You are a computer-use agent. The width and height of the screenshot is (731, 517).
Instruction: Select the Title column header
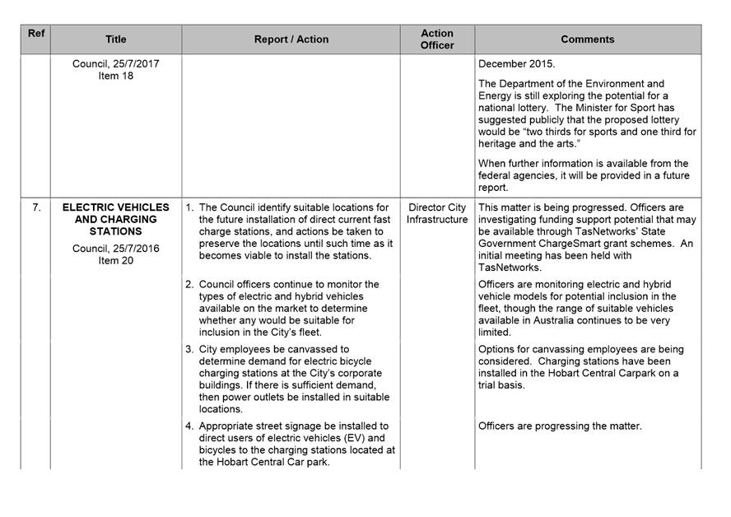116,40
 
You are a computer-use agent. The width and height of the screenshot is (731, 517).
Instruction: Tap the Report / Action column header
291,40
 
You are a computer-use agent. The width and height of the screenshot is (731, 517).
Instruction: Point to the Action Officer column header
437,40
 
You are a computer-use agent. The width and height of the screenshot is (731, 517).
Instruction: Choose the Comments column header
587,40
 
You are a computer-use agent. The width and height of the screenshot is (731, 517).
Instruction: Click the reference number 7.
36,207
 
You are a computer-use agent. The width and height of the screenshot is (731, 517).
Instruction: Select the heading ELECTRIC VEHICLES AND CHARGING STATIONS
116,220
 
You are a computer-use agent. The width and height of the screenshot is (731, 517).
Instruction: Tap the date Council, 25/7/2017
116,64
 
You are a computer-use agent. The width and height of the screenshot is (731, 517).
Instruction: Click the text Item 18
116,77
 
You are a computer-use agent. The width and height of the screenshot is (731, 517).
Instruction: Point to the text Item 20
116,261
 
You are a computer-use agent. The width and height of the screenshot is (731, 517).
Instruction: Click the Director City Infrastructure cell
437,213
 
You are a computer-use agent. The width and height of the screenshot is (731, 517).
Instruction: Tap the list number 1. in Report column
189,207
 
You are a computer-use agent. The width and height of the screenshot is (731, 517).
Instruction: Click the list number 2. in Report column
189,285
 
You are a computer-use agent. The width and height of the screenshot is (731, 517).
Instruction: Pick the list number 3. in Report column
189,349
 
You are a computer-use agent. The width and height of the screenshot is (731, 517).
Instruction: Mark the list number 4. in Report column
189,426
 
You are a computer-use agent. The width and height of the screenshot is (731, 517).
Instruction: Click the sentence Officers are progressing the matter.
560,426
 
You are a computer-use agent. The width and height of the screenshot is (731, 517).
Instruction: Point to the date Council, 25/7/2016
116,249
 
